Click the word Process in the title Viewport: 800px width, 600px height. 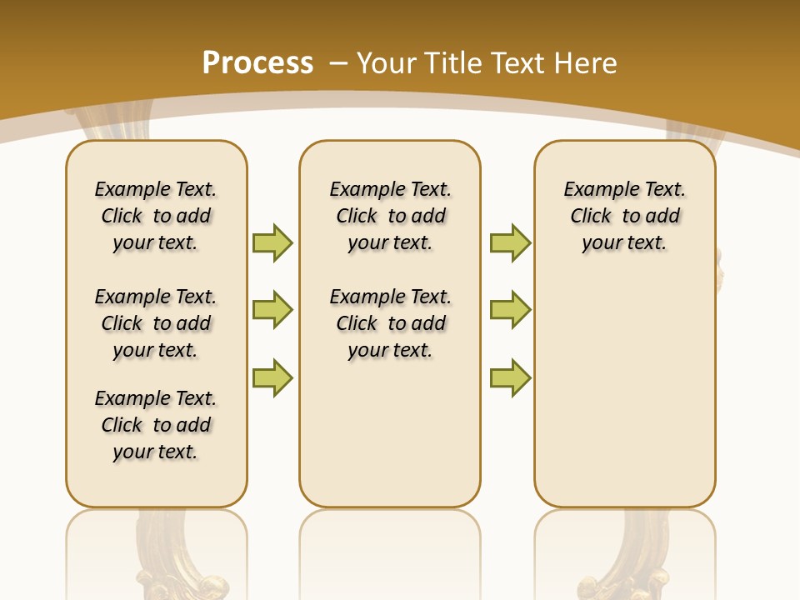pyautogui.click(x=257, y=63)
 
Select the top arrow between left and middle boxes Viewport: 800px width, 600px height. pyautogui.click(x=272, y=242)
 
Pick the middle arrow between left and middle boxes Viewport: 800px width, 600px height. pyautogui.click(x=272, y=310)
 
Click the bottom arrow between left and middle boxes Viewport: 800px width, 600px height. pyautogui.click(x=272, y=377)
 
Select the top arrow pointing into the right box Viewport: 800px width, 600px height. pyautogui.click(x=510, y=242)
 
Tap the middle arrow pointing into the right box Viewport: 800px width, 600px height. pyautogui.click(x=510, y=310)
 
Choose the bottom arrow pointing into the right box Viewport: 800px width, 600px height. pyautogui.click(x=510, y=377)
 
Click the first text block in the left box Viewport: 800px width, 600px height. pyautogui.click(x=156, y=216)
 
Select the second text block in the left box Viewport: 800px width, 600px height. pyautogui.click(x=156, y=323)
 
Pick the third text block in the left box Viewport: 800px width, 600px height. pyautogui.click(x=156, y=425)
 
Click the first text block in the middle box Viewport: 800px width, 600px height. pyautogui.click(x=390, y=216)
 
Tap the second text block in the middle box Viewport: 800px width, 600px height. pyautogui.click(x=390, y=323)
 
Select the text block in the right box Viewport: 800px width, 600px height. pyautogui.click(x=624, y=216)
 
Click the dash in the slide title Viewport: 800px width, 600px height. pyautogui.click(x=338, y=63)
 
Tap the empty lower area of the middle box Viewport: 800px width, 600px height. pyautogui.click(x=390, y=433)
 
